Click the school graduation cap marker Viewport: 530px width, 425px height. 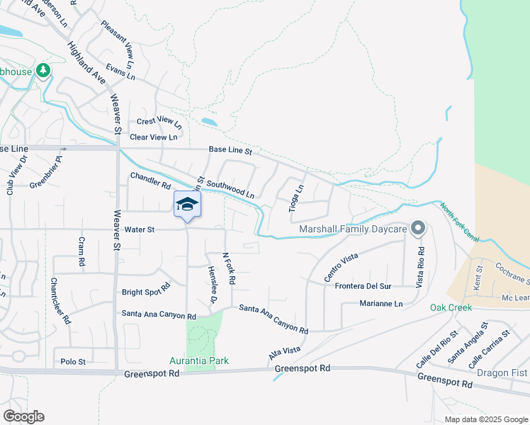pyautogui.click(x=187, y=205)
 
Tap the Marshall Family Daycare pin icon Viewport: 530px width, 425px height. pyautogui.click(x=418, y=228)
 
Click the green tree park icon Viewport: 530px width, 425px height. pyautogui.click(x=43, y=70)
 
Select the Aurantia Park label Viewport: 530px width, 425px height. pyautogui.click(x=199, y=361)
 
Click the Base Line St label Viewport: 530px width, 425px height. pyautogui.click(x=230, y=150)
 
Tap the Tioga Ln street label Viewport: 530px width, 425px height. pyautogui.click(x=295, y=199)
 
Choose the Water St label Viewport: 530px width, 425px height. pyautogui.click(x=139, y=229)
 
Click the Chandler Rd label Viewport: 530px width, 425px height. pyautogui.click(x=150, y=180)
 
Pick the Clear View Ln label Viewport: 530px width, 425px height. pyautogui.click(x=154, y=137)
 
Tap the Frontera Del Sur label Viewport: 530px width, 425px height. pyautogui.click(x=363, y=286)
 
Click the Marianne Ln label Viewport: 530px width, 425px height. pyautogui.click(x=381, y=305)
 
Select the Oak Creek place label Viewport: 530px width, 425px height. pyautogui.click(x=451, y=307)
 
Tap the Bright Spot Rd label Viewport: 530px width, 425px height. pyautogui.click(x=146, y=290)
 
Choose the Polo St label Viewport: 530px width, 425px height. pyautogui.click(x=73, y=361)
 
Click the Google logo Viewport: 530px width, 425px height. pyautogui.click(x=23, y=416)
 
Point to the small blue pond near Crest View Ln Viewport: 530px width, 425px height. pyautogui.click(x=209, y=121)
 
